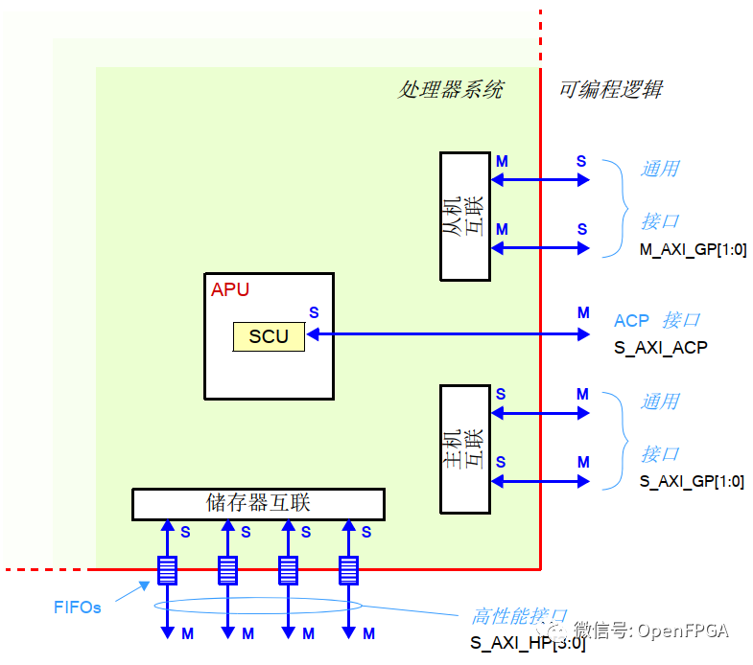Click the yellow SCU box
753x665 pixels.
pyautogui.click(x=269, y=336)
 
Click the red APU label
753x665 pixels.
pyautogui.click(x=230, y=289)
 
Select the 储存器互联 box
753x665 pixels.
pyautogui.click(x=258, y=503)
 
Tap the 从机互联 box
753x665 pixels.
pyautogui.click(x=464, y=216)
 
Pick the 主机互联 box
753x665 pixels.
pyautogui.click(x=464, y=448)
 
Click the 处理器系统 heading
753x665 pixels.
pyautogui.click(x=450, y=90)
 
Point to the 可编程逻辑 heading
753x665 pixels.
pyautogui.click(x=610, y=90)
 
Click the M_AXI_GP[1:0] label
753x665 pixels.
pyautogui.click(x=692, y=249)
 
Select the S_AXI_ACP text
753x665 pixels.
pyautogui.click(x=660, y=348)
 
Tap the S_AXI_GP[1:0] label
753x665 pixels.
pyautogui.click(x=692, y=482)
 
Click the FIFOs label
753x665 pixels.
pyautogui.click(x=78, y=608)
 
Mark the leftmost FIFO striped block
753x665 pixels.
pyautogui.click(x=167, y=570)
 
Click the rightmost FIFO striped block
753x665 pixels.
pyautogui.click(x=348, y=570)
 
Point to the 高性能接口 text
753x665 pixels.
pyautogui.click(x=519, y=616)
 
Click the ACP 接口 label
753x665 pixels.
pyautogui.click(x=656, y=320)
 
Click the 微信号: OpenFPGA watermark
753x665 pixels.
pyautogui.click(x=651, y=630)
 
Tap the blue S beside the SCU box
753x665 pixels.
pyautogui.click(x=314, y=312)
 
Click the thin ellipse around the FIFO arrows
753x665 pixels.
pyautogui.click(x=259, y=606)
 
